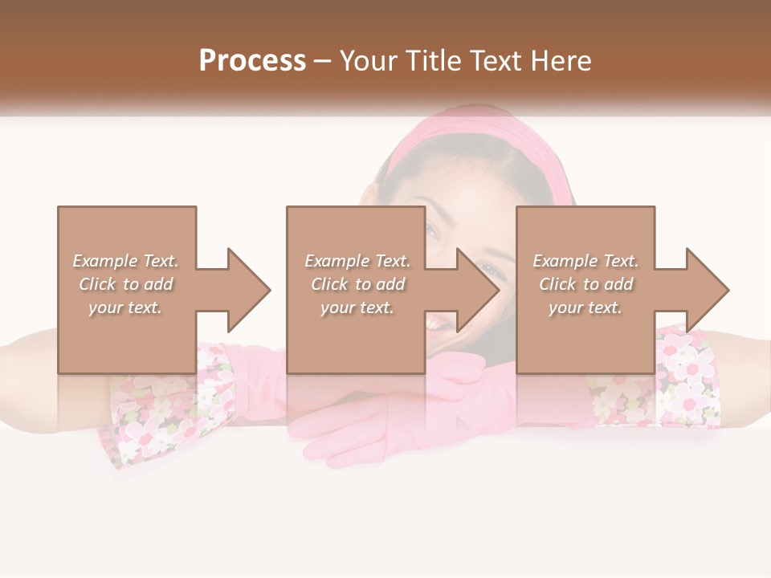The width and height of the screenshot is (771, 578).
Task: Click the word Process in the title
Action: [x=252, y=60]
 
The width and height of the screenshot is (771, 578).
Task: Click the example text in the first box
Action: [x=126, y=284]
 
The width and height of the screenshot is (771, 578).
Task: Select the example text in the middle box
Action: [x=357, y=284]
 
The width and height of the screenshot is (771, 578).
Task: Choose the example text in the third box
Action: [x=585, y=284]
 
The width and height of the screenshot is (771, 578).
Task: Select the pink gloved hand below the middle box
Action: [x=377, y=425]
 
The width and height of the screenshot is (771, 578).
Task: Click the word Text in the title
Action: [x=501, y=60]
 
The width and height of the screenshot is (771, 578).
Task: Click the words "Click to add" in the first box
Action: [x=126, y=284]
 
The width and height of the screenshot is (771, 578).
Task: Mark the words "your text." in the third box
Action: [x=585, y=307]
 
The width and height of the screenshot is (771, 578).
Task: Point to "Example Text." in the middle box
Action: [x=357, y=261]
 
